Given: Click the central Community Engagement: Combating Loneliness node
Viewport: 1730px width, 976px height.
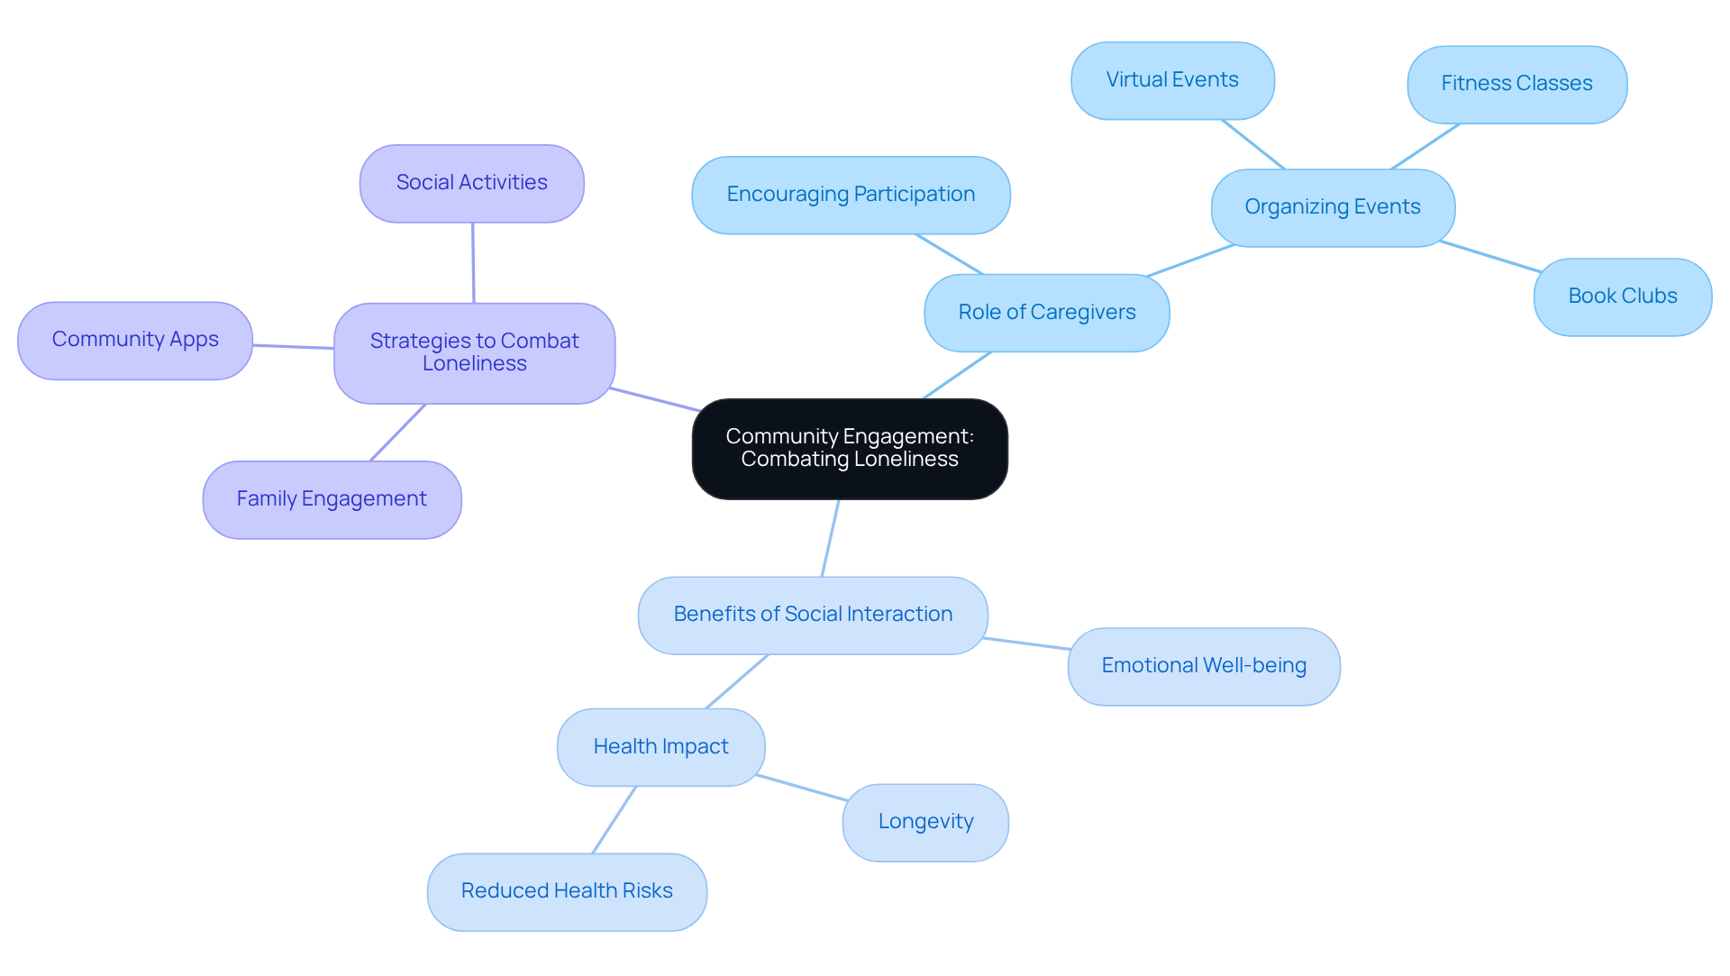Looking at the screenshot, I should (850, 448).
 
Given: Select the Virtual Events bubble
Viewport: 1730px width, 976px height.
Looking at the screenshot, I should (1172, 80).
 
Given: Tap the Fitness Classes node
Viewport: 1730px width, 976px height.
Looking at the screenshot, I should (1516, 84).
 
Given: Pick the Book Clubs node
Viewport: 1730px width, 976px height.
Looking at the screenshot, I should (1622, 296).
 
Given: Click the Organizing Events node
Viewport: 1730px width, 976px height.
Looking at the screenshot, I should (1332, 207).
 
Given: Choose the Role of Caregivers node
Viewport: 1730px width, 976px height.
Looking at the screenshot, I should (1046, 313).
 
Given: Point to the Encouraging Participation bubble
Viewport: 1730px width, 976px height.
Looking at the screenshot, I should (851, 195).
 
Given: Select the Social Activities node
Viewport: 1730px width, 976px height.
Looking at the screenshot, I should (471, 183).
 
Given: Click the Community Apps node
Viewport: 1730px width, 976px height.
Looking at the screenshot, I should (135, 340).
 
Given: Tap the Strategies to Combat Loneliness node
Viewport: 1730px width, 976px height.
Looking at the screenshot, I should (474, 352).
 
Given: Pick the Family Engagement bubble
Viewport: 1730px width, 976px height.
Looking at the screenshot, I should (332, 499).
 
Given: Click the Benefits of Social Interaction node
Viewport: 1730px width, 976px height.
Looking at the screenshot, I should (813, 615).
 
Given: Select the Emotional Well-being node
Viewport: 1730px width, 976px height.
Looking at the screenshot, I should (1203, 666).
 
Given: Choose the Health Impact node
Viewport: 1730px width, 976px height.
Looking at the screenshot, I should (660, 747).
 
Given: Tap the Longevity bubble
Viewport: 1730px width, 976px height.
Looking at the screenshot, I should (925, 822).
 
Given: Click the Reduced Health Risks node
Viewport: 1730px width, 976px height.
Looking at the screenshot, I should (567, 891).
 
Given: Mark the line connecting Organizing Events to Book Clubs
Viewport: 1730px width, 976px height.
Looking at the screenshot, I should (1490, 256).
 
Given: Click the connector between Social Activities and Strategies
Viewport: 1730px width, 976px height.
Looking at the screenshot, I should (473, 263).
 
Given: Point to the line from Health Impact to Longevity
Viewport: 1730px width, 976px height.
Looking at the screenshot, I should (802, 788).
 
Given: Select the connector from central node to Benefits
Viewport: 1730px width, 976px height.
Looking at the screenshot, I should (830, 538).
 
